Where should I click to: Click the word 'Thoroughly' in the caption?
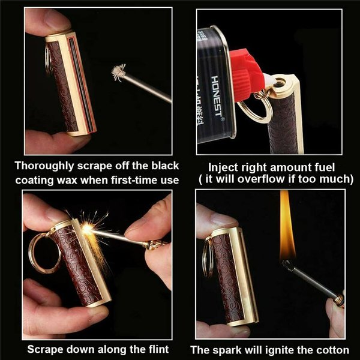point(46,166)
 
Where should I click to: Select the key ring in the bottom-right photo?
point(208,258)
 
